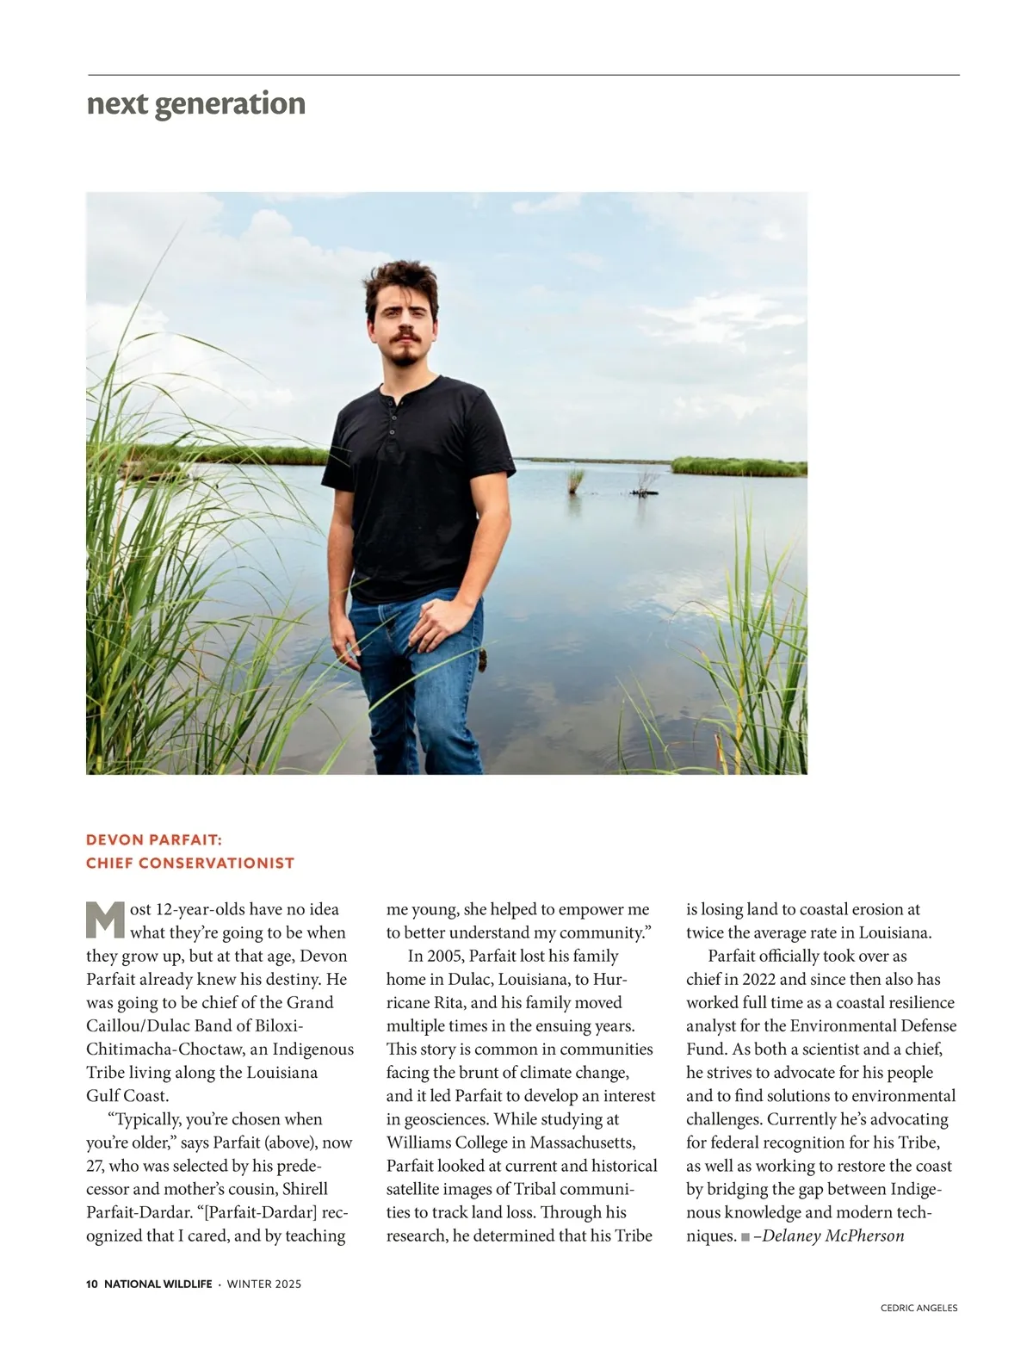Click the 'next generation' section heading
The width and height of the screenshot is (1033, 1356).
pyautogui.click(x=196, y=103)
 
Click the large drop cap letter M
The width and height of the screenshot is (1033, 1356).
pyautogui.click(x=106, y=919)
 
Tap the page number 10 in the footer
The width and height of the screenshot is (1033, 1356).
pyautogui.click(x=92, y=1284)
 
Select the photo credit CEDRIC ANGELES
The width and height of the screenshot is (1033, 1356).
pyautogui.click(x=919, y=1308)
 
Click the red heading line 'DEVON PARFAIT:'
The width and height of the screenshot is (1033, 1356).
pyautogui.click(x=154, y=839)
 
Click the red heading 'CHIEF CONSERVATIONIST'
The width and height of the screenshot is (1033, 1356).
pyautogui.click(x=190, y=863)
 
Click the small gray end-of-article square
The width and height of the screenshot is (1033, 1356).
pyautogui.click(x=745, y=1237)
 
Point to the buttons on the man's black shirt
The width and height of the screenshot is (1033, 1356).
pyautogui.click(x=392, y=419)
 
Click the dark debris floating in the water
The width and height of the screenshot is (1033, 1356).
pyautogui.click(x=644, y=492)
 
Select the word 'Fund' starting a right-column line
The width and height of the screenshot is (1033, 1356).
pyautogui.click(x=705, y=1050)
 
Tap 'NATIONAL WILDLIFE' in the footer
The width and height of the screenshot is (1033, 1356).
pyautogui.click(x=158, y=1284)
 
